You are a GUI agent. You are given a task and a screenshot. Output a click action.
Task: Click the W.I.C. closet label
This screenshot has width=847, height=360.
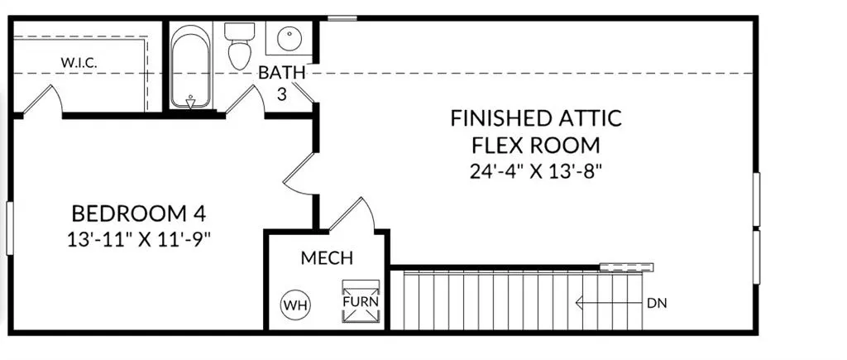[79, 62]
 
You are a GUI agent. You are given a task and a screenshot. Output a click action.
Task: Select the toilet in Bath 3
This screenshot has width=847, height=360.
[239, 46]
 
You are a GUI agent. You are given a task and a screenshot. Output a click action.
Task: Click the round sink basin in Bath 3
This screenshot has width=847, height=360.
[290, 38]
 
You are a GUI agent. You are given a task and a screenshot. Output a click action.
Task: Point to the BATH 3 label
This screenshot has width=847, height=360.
[281, 83]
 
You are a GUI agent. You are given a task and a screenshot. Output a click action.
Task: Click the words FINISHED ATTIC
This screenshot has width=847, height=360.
[536, 118]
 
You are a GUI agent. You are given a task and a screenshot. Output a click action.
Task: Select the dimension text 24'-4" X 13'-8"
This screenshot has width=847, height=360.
[536, 172]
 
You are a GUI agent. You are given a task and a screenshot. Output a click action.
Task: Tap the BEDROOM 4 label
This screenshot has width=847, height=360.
[139, 214]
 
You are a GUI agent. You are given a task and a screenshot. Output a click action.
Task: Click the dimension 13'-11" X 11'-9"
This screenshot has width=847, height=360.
[139, 238]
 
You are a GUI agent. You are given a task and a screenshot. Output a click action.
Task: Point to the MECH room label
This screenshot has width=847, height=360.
[327, 258]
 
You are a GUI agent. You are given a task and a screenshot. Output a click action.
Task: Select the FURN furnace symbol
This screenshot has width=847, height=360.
[361, 301]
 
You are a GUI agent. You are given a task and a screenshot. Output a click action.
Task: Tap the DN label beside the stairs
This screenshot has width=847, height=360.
[657, 303]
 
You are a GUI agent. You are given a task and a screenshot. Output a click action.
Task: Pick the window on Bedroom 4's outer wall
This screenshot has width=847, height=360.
[9, 228]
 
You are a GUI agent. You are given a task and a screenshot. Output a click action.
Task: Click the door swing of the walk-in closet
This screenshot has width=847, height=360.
[43, 100]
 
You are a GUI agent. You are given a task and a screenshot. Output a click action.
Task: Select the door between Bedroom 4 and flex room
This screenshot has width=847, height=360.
[298, 173]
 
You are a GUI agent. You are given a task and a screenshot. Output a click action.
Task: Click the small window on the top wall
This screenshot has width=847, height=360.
[342, 18]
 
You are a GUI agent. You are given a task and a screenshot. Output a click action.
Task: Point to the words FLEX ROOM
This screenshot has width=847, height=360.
[536, 145]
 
